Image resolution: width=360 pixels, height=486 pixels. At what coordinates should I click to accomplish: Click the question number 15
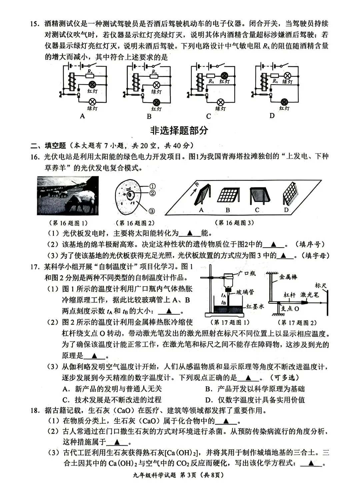pos(34,24)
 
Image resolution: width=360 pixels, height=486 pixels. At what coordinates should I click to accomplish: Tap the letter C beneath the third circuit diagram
pos(209,116)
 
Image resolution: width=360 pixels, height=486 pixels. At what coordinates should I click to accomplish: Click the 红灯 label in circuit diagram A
pos(92,91)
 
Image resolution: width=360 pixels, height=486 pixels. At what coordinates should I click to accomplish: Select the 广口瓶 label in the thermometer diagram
pos(247,273)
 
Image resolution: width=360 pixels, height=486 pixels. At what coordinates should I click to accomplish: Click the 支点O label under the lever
pos(290,309)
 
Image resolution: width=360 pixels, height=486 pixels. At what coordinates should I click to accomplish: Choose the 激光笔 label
pos(310,295)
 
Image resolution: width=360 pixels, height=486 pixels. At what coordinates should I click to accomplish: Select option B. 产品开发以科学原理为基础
pos(255,389)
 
